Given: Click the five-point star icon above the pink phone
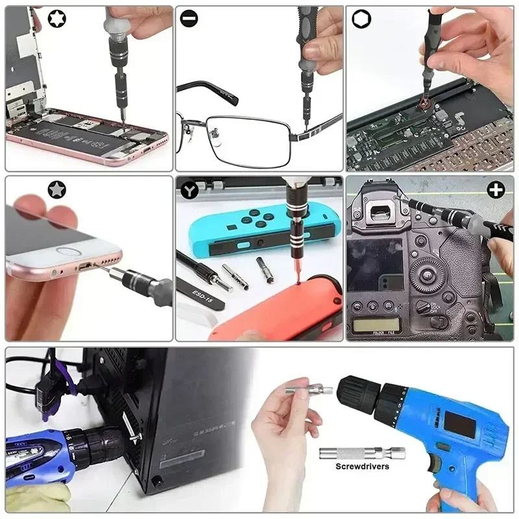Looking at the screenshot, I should pos(56,189).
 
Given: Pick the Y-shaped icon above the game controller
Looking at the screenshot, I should pos(189,189).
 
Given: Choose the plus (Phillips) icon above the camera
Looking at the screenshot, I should pos(496,189).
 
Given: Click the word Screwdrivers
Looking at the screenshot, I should pos(362,466).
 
